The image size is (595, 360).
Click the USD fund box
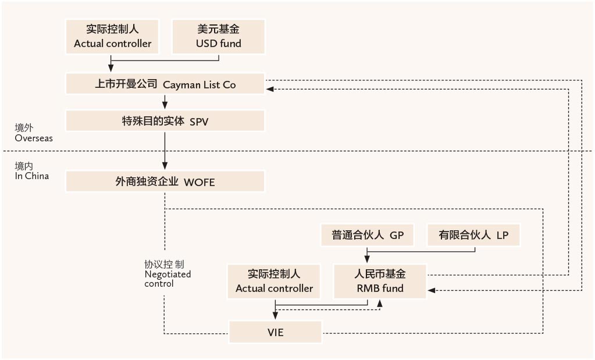coord(219,37)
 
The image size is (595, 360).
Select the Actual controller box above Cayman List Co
coord(112,37)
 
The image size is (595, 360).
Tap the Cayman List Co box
coord(165,84)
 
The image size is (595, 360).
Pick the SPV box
coord(165,121)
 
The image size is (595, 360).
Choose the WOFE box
coord(165,181)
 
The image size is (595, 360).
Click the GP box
coord(368,235)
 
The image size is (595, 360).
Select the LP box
coord(473,235)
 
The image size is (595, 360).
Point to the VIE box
coord(275,333)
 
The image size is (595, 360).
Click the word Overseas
coord(34,138)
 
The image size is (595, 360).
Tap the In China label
coord(32,176)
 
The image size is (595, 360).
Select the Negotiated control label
coord(168,274)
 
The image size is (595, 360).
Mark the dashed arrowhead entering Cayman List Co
coord(269,89)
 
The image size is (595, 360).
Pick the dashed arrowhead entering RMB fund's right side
coord(430,289)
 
